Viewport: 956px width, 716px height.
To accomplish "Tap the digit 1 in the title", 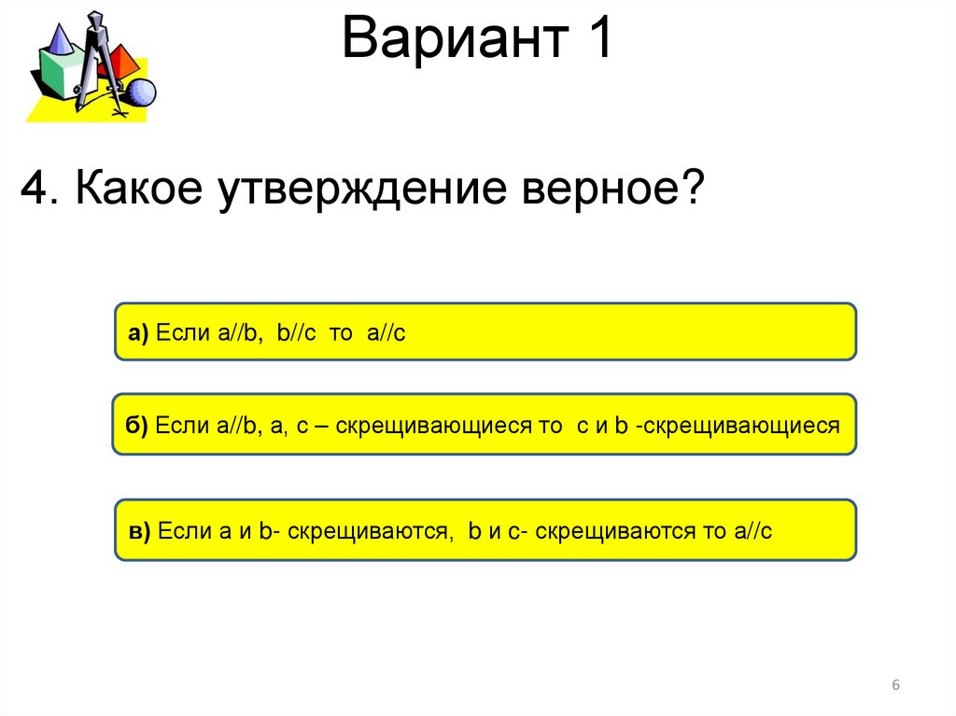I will coord(597,41).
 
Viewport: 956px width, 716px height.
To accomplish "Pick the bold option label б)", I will coord(138,426).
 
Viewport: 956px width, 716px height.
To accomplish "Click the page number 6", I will coord(896,686).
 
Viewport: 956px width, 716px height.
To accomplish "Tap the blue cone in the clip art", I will coord(58,39).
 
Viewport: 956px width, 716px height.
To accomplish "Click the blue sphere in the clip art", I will coord(140,92).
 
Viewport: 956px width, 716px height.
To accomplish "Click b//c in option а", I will coord(298,333).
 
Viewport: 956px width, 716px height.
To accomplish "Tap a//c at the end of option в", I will coord(752,532).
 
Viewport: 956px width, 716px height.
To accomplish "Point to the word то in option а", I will coord(340,333).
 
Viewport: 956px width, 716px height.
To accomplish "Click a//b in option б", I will coord(241,426).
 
